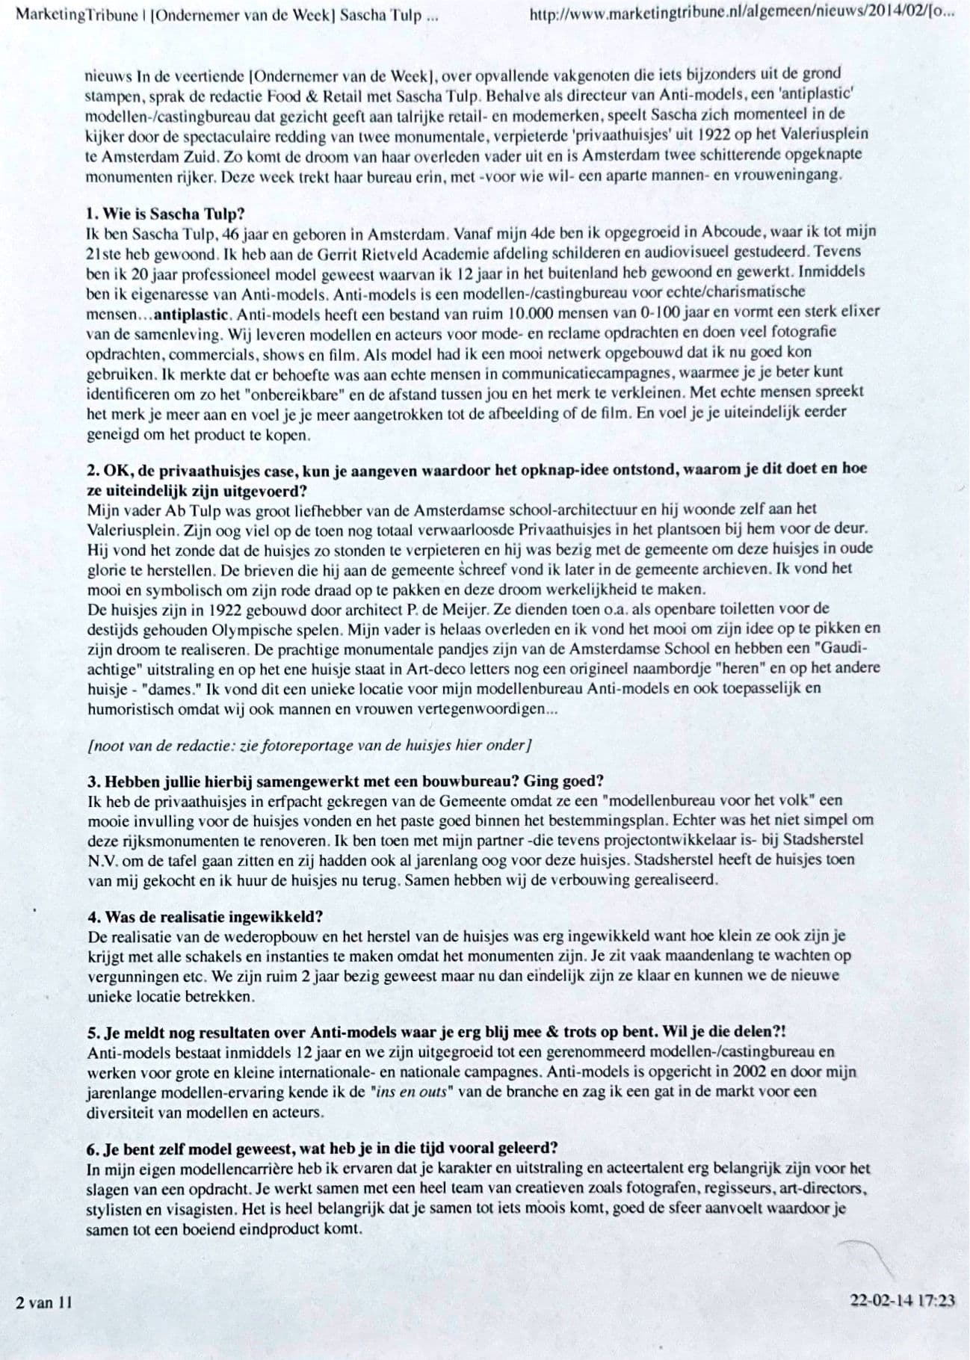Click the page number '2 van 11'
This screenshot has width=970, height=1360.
(x=44, y=1302)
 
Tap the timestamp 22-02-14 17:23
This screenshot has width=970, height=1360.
(x=902, y=1301)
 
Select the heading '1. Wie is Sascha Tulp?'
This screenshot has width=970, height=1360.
(x=166, y=213)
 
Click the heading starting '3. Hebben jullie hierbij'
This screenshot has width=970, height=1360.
(x=345, y=781)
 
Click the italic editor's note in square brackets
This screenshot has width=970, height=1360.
(x=309, y=744)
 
